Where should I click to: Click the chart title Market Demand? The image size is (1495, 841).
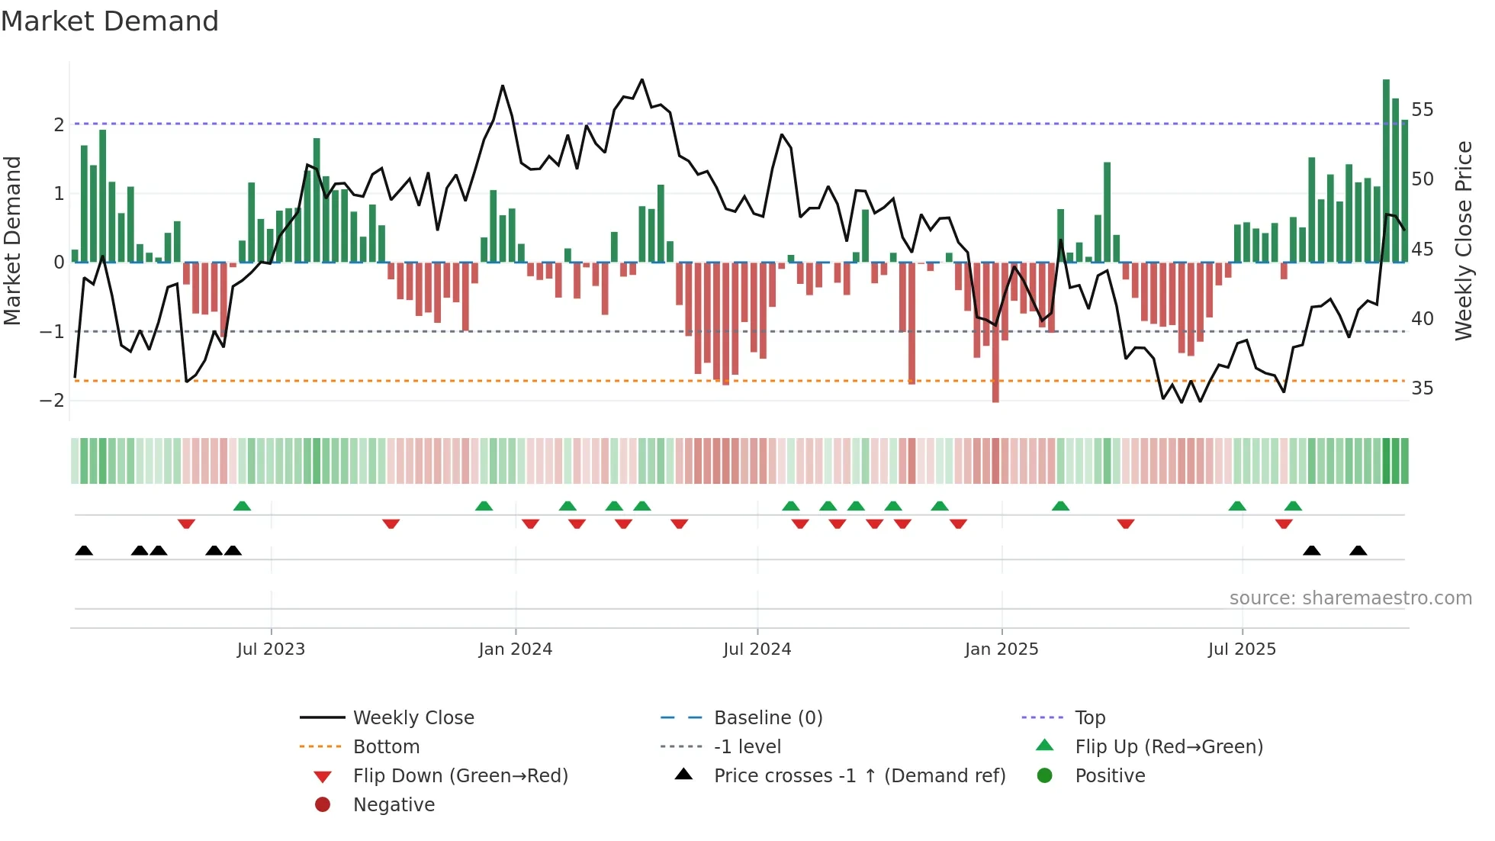(110, 21)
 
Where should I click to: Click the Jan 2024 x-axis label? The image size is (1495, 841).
(515, 649)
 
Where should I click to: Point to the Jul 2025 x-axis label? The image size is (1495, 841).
(1241, 649)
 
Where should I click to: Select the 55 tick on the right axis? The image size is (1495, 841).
(1422, 110)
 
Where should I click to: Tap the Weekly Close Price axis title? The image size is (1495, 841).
(1463, 240)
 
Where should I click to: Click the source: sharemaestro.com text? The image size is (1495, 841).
(1350, 598)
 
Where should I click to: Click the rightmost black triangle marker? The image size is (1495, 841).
(1358, 550)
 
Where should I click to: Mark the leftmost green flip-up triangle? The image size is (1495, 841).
(242, 506)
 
